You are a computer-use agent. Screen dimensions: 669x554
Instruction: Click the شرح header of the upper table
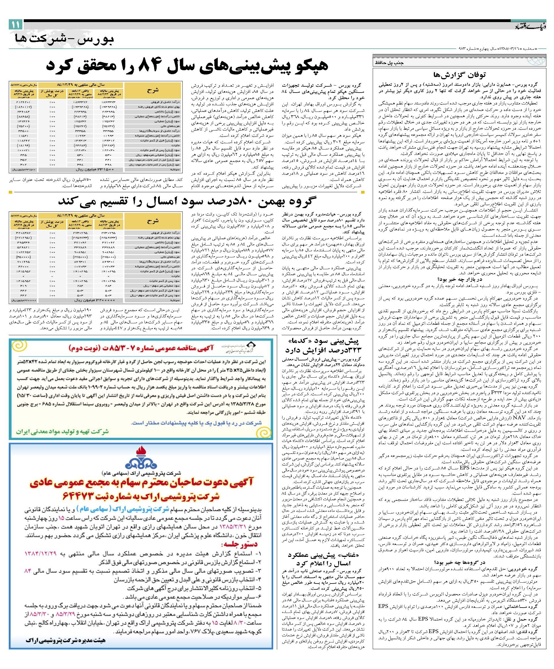[153, 90]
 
